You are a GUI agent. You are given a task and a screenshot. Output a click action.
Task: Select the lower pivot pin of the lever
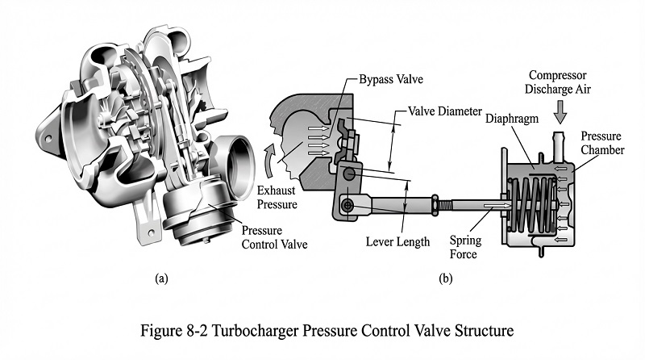347,206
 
